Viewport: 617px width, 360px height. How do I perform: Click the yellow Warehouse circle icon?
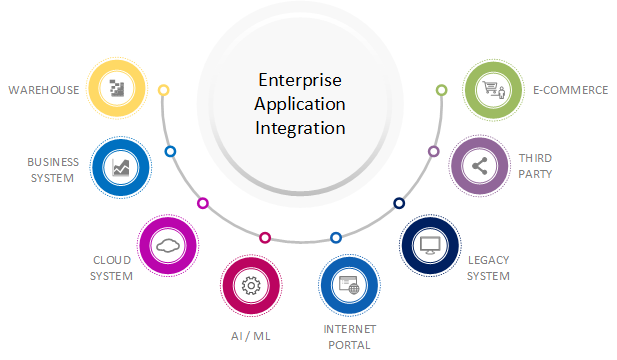[x=118, y=89]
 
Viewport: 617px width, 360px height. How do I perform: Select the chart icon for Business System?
[x=121, y=167]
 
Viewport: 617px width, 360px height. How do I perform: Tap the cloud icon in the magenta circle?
[x=167, y=245]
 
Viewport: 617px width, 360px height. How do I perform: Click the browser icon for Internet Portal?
[x=349, y=286]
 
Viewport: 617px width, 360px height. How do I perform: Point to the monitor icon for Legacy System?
[x=430, y=244]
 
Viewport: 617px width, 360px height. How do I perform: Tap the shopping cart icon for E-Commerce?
[x=494, y=89]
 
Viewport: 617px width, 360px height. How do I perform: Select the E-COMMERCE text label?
[x=570, y=90]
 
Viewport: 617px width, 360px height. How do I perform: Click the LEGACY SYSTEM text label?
[x=488, y=267]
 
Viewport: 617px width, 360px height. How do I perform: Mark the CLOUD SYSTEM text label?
[x=111, y=268]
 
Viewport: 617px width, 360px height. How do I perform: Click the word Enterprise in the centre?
[x=300, y=80]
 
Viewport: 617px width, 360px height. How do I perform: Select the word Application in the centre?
[x=300, y=104]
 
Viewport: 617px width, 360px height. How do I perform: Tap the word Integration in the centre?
[x=300, y=128]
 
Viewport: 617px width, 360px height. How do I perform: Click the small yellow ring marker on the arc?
[x=164, y=90]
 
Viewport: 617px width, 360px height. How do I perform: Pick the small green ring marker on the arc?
[x=441, y=90]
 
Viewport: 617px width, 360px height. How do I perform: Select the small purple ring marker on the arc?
[x=433, y=151]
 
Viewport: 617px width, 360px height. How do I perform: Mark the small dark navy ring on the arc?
[x=399, y=203]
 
